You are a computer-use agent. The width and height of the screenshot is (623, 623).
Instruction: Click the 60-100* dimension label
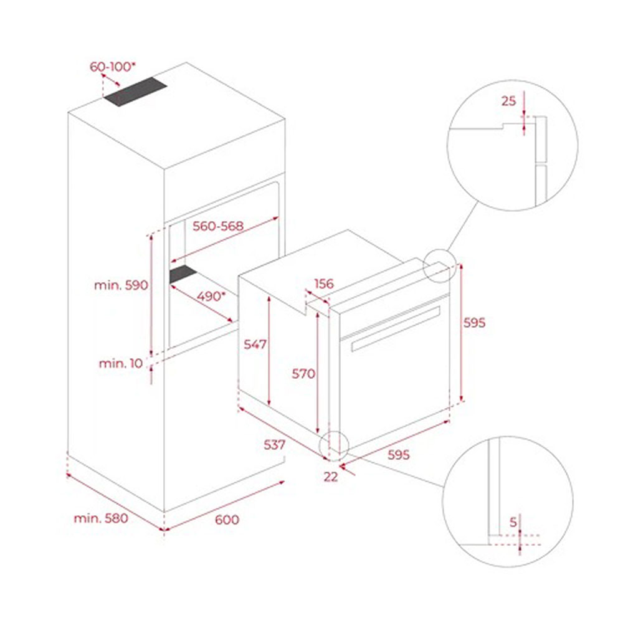point(112,67)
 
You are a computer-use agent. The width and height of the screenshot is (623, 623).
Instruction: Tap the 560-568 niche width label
point(217,226)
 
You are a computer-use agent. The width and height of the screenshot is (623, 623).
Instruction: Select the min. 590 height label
point(121,285)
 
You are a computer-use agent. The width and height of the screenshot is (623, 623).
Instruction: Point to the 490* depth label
point(211,296)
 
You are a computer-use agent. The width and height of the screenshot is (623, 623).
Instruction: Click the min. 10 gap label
point(121,363)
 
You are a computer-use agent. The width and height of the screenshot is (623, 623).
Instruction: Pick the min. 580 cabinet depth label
point(101,518)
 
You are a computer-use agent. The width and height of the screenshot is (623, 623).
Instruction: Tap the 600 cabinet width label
point(227,520)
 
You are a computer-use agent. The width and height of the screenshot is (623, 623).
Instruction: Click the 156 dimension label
point(324,283)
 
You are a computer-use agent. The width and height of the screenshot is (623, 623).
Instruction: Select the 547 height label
point(255,344)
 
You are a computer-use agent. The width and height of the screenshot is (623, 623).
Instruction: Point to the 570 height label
point(303,373)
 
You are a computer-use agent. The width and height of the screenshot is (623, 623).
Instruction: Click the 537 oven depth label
point(275,445)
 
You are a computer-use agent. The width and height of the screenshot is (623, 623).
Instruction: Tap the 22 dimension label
point(331,477)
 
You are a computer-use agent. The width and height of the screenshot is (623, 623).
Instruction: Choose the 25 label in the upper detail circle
point(508,101)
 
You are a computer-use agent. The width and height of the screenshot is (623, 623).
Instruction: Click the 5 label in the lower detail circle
point(513,521)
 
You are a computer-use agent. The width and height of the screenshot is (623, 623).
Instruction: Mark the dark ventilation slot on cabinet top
point(135,92)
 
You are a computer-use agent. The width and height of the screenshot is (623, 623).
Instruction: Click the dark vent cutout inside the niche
point(183,274)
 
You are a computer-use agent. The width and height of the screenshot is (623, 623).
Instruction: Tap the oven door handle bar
point(396,328)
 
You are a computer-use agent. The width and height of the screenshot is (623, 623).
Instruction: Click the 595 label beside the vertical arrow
point(474,323)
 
